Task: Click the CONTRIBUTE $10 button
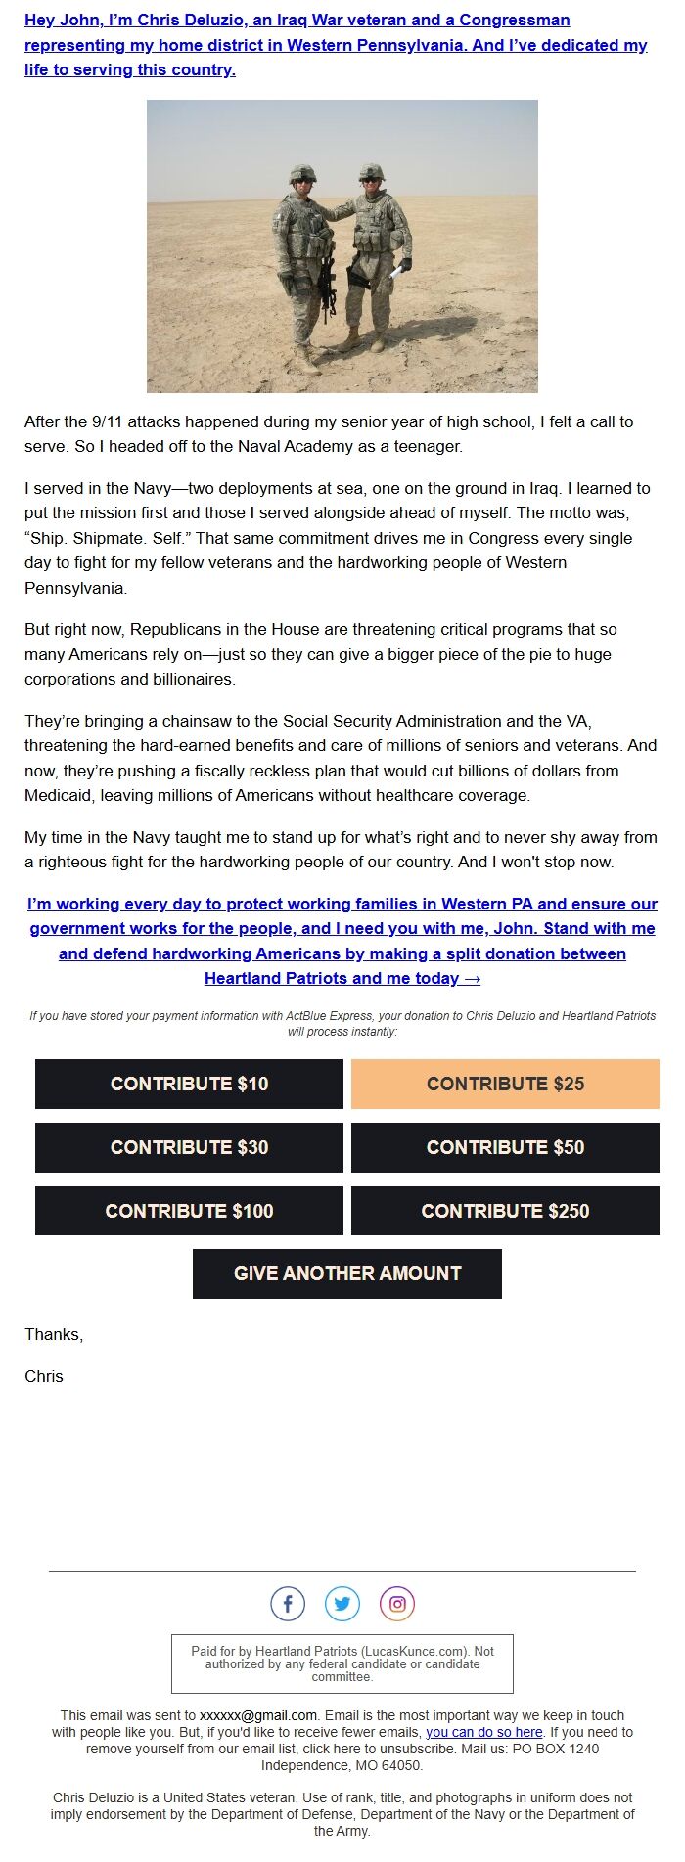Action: pos(189,1084)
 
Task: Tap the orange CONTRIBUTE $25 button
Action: pos(505,1084)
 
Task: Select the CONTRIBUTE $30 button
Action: pos(189,1147)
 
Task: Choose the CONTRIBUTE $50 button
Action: pos(505,1147)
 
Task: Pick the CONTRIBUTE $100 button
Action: pos(189,1211)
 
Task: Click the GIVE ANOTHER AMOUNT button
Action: pos(346,1273)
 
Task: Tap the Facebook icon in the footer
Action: pos(288,1604)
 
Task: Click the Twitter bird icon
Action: pos(342,1604)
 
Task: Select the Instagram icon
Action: pos(397,1604)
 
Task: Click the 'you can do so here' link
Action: pos(483,1732)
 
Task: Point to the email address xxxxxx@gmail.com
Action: pos(258,1715)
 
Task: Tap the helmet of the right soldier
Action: pos(372,172)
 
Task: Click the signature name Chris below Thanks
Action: pos(44,1376)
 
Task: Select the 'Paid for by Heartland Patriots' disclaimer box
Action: pos(342,1663)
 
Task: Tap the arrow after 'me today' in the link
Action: pos(472,978)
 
